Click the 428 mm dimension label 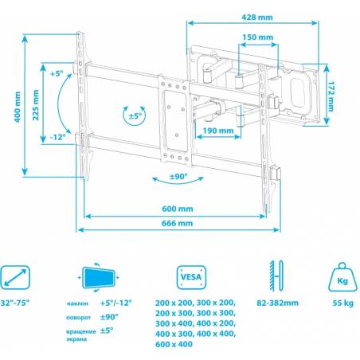pos(257,18)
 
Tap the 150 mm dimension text pos(257,37)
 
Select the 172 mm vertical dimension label pos(331,96)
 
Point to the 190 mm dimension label pos(218,131)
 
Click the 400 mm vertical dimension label pos(18,107)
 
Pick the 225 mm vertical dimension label pos(36,105)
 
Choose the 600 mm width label pos(178,209)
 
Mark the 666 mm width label pos(177,223)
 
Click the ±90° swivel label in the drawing pos(178,177)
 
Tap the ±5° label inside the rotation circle pos(135,116)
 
